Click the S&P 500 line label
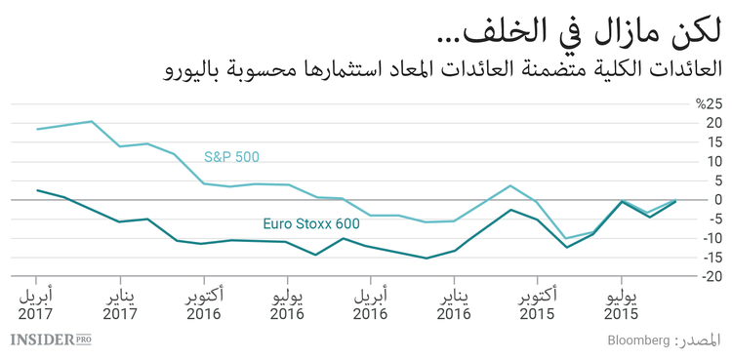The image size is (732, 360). coord(231,156)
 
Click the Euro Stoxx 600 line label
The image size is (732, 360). coord(311,223)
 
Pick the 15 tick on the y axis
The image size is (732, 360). coord(712,141)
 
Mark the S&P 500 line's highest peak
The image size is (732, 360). coord(91,122)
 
